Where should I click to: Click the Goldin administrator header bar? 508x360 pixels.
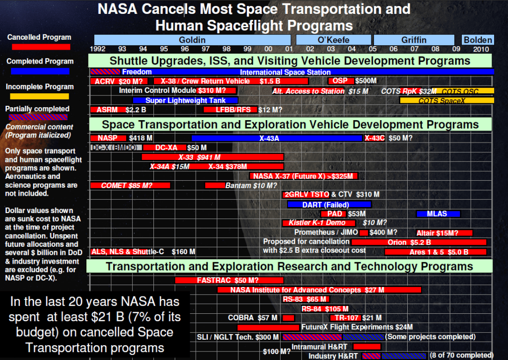[x=192, y=40]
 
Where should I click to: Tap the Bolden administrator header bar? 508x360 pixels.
[x=477, y=40]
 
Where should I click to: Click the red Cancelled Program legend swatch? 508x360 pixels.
[x=38, y=47]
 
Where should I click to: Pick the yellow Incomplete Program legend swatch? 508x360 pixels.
[x=38, y=96]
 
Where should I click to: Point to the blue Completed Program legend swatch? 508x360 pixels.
[x=38, y=72]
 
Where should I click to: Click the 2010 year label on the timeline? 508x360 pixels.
[x=481, y=49]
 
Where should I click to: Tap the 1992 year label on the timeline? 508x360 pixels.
[x=98, y=49]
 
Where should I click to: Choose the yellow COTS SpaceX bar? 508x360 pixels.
[x=446, y=100]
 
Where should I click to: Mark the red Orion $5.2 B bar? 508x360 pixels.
[x=419, y=242]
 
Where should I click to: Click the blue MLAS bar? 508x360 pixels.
[x=438, y=214]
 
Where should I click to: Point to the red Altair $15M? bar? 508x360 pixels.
[x=444, y=232]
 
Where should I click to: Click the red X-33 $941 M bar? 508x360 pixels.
[x=213, y=157]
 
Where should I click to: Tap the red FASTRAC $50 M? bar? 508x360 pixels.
[x=229, y=280]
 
